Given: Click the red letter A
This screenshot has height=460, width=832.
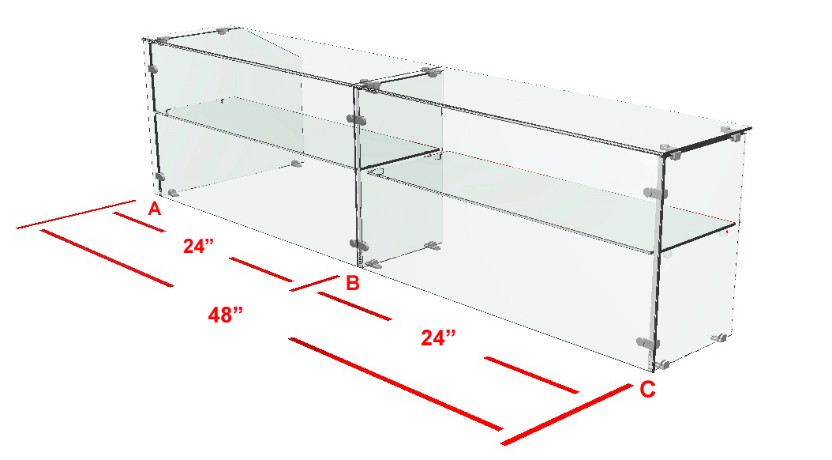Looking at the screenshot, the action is coord(154,209).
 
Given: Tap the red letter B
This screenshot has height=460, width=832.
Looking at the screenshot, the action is coord(352,283).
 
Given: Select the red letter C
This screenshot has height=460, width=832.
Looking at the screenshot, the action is coord(647,390).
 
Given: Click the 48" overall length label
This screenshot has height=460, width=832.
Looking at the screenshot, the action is coord(226,315).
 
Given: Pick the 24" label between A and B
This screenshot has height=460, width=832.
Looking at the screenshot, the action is coord(198,245).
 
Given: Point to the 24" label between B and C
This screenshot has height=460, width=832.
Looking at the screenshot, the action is coord(438,337).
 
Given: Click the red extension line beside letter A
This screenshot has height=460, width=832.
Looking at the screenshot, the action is coord(76,215).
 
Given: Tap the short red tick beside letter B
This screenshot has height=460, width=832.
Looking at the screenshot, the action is coord(314,283).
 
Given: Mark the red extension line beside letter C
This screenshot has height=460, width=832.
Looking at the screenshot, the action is coord(566,414).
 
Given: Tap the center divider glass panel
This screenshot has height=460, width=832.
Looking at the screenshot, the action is coord(399,170).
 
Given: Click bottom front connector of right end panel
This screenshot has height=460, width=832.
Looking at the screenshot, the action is coord(662,364).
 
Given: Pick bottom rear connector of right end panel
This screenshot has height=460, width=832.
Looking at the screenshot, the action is coord(719,337).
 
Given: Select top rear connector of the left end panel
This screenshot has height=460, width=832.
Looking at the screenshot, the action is coord(223,31).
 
